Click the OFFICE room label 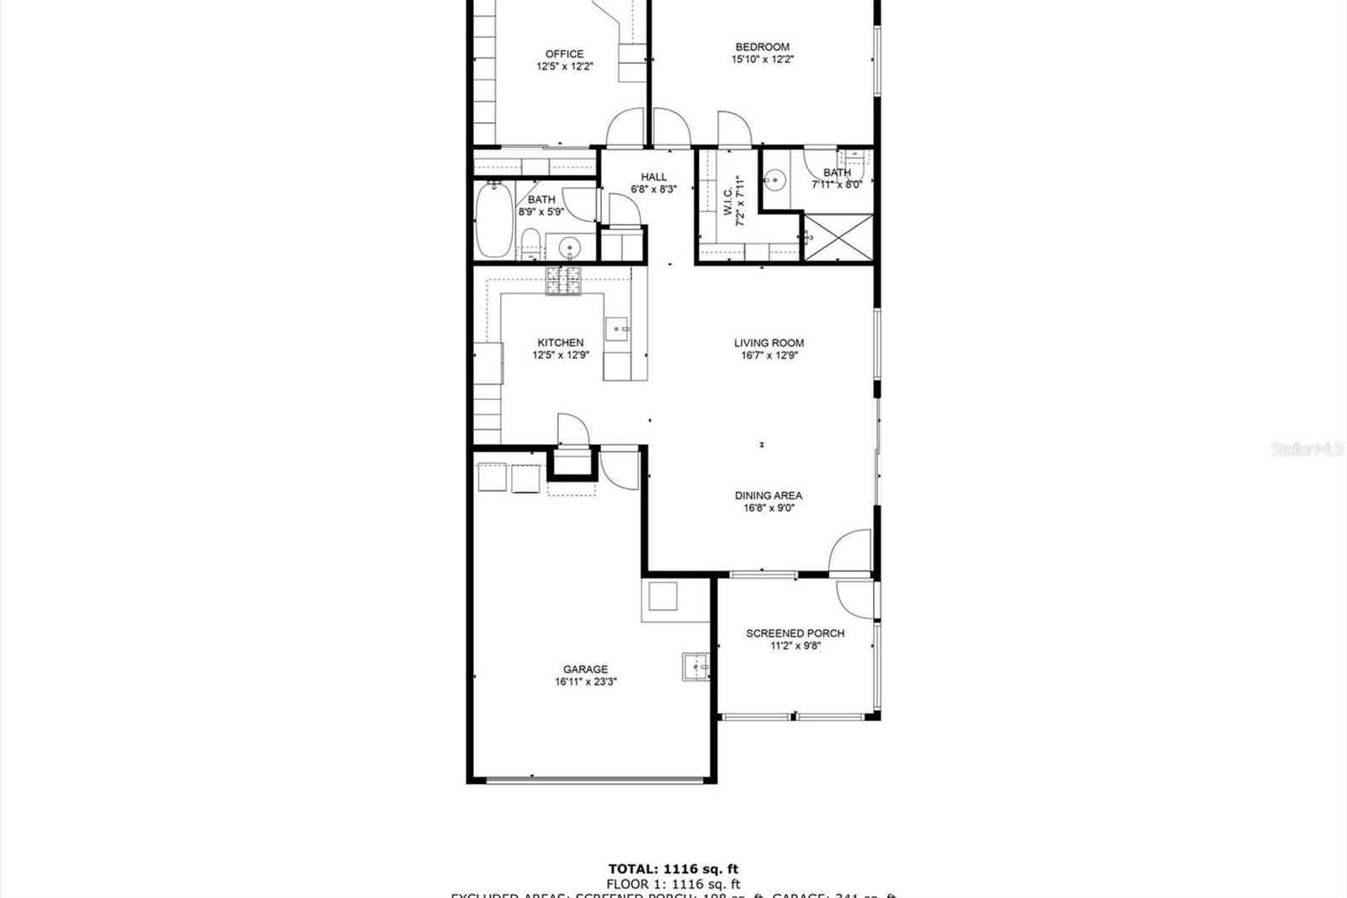(564, 54)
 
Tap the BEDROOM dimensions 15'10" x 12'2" (763, 60)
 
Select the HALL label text (653, 177)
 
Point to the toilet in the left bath (530, 243)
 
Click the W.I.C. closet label (729, 201)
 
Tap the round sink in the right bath (774, 180)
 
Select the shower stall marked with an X (839, 238)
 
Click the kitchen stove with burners (563, 281)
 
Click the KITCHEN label (561, 343)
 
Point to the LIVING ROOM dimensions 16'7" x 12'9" (769, 355)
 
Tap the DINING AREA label (768, 495)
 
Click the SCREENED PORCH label (795, 633)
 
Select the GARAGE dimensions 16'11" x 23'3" (586, 682)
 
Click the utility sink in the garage (695, 667)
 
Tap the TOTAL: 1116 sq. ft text (673, 869)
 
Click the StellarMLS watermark (1307, 449)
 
